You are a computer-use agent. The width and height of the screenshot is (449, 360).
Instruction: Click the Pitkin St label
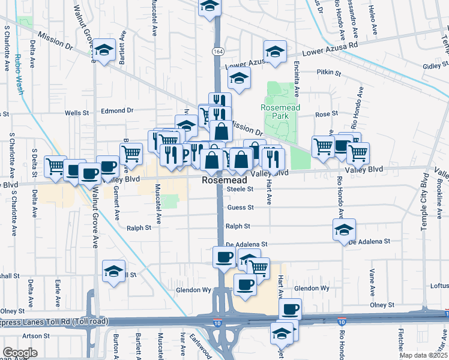coord(329,73)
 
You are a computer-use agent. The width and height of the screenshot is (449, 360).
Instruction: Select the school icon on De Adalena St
coord(345,229)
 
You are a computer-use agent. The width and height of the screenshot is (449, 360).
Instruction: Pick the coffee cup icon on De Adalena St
coord(224,257)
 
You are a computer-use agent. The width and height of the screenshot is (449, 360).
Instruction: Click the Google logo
coord(20,352)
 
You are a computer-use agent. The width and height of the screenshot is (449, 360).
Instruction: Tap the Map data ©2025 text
coord(423,355)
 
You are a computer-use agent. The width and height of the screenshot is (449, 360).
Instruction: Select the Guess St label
coord(240,208)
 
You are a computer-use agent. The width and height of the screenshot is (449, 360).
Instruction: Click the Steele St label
coord(240,189)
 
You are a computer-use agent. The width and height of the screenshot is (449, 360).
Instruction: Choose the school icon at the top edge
coord(209,6)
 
